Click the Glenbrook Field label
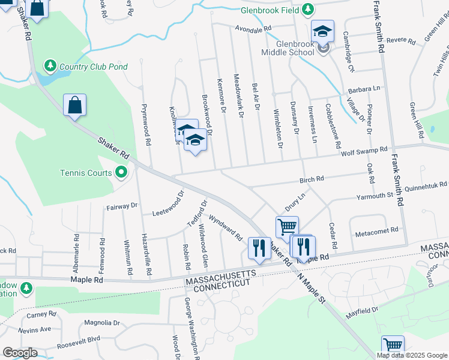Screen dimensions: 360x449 (x=268, y=10)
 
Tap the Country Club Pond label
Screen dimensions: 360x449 (x=94, y=67)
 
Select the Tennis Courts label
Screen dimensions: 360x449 (x=86, y=173)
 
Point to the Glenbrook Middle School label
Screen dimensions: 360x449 (x=287, y=49)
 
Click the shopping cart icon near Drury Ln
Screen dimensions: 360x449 (x=287, y=227)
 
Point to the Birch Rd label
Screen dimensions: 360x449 (x=312, y=179)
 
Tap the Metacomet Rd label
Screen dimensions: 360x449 (x=377, y=230)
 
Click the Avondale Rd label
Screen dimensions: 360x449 (x=253, y=28)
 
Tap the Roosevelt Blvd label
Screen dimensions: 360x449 (x=78, y=343)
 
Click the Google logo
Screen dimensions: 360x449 (x=20, y=353)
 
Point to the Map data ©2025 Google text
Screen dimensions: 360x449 (x=411, y=355)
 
